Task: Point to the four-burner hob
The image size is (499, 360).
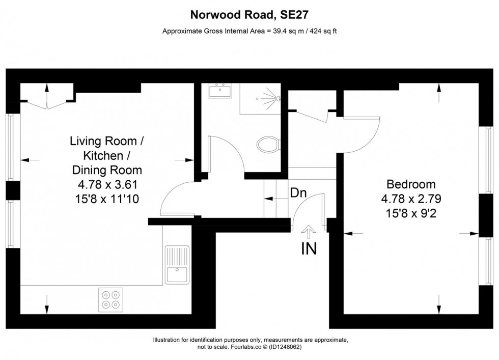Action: (112, 299)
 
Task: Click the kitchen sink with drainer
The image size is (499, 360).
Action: (177, 264)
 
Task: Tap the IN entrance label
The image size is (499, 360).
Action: (309, 249)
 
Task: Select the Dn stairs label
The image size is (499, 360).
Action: (298, 193)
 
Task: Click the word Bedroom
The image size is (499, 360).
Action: (411, 184)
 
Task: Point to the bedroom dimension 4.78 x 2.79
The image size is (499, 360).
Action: (411, 198)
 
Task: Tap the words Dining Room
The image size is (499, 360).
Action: (107, 170)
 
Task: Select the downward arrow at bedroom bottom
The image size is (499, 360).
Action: (439, 306)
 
